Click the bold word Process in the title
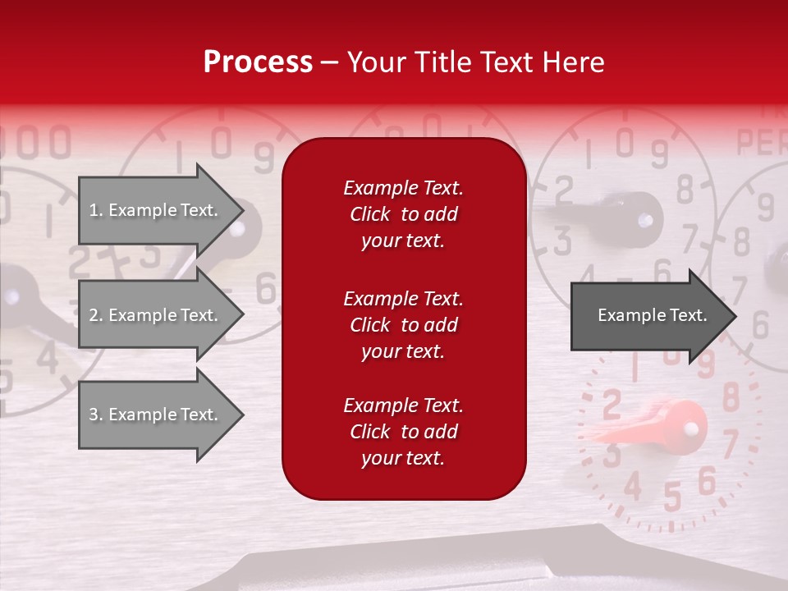point(258,62)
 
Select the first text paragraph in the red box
point(403,214)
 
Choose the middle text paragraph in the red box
point(403,324)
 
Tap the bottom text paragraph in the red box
point(403,432)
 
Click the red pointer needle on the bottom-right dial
point(657,425)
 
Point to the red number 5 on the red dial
point(671,497)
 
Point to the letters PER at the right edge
point(762,142)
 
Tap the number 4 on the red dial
point(632,486)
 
